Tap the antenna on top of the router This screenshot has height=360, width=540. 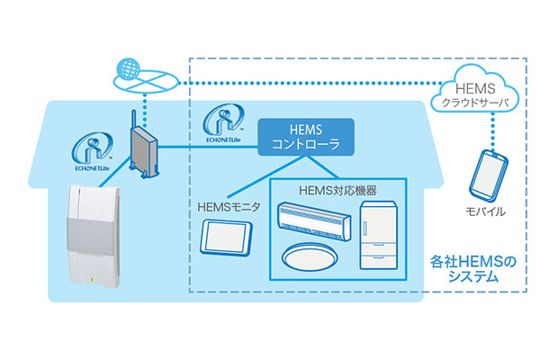132,120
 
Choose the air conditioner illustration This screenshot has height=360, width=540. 311,217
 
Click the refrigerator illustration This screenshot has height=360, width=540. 378,231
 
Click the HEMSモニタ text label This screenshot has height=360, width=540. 228,207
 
